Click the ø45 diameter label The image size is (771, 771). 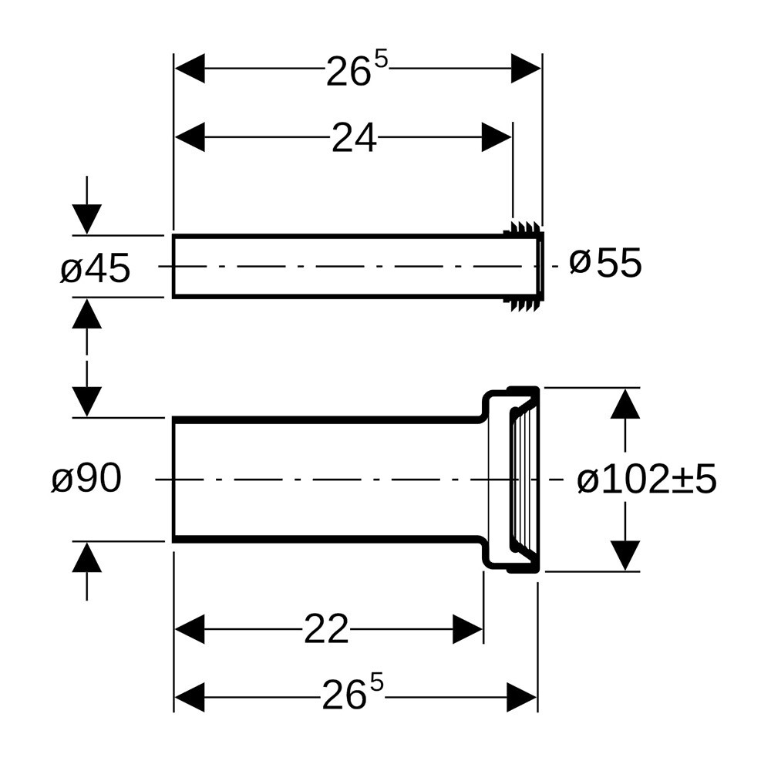click(x=96, y=268)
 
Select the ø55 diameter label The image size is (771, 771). click(x=606, y=263)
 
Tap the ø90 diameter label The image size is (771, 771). click(x=86, y=478)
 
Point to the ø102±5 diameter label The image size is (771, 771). click(x=647, y=480)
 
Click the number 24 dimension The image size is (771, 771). click(x=354, y=138)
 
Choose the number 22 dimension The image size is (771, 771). click(x=326, y=629)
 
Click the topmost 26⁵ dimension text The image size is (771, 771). click(x=357, y=69)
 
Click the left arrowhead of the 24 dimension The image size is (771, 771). click(x=190, y=137)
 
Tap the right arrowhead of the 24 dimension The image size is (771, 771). click(x=496, y=137)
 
